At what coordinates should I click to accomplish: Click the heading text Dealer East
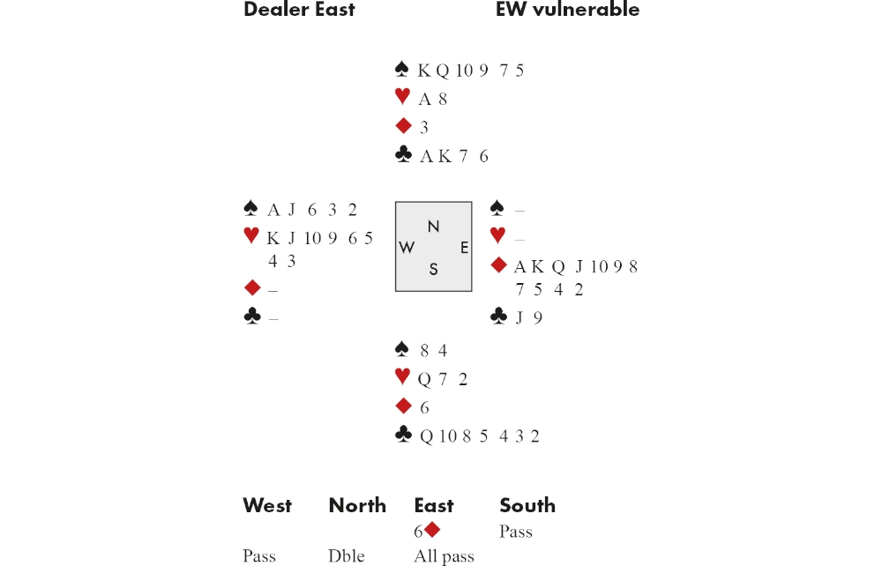(x=299, y=10)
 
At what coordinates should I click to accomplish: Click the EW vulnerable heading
(x=567, y=10)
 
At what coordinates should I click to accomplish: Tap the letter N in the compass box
(x=433, y=227)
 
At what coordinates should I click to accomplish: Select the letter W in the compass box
(x=407, y=248)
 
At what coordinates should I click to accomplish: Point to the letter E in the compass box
(x=464, y=248)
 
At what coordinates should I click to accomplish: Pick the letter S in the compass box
(x=433, y=270)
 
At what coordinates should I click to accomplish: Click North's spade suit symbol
(x=402, y=69)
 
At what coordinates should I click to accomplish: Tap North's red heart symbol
(x=402, y=97)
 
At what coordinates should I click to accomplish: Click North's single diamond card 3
(x=424, y=127)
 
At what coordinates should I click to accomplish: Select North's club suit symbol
(x=403, y=155)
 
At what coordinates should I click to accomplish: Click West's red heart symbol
(x=251, y=236)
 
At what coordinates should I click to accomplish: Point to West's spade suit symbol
(x=251, y=208)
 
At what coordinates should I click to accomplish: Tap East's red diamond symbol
(x=498, y=265)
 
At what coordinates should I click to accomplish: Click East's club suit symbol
(x=498, y=317)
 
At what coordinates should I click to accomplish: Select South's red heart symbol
(x=402, y=377)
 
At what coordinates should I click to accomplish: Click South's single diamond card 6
(x=424, y=407)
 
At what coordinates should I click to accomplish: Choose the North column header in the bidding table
(x=357, y=505)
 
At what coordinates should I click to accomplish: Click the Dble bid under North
(x=346, y=556)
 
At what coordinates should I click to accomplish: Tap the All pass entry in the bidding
(x=444, y=556)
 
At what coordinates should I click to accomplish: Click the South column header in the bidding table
(x=527, y=505)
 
